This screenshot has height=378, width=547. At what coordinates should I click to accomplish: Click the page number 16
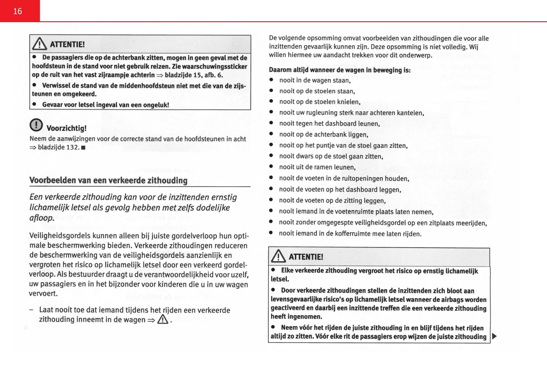tap(18, 11)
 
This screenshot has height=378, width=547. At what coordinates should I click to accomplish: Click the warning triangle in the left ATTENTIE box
tap(40, 44)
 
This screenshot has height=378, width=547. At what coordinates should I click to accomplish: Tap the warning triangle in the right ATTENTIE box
tap(278, 256)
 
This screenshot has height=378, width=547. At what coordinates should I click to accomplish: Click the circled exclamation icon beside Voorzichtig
tap(36, 125)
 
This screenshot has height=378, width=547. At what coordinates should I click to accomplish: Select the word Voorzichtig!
tap(66, 128)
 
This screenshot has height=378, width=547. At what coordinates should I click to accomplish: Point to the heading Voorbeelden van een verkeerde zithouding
tap(108, 180)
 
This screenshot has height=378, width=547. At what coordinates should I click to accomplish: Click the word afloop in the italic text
tap(41, 218)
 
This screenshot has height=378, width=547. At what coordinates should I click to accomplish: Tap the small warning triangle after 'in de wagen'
tap(163, 319)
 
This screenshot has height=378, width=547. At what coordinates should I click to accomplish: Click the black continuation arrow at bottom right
tap(494, 336)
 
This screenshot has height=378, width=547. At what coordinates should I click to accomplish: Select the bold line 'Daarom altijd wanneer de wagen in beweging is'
tap(340, 70)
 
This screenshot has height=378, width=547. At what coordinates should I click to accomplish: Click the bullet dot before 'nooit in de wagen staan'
tap(271, 80)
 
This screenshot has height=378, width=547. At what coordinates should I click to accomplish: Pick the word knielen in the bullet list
tap(348, 102)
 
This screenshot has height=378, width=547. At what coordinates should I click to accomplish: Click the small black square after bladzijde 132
tap(83, 148)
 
